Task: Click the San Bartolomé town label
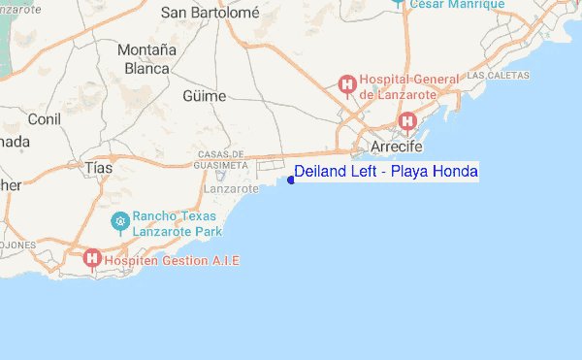210,13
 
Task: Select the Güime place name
204,96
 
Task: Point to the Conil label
45,118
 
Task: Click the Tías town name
99,168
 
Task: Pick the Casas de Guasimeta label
222,160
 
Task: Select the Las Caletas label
499,75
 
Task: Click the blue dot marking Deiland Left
290,180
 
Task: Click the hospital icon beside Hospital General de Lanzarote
346,86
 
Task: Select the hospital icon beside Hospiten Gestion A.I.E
92,258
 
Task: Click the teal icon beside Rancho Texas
120,221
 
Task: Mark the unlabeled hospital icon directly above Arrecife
407,121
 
